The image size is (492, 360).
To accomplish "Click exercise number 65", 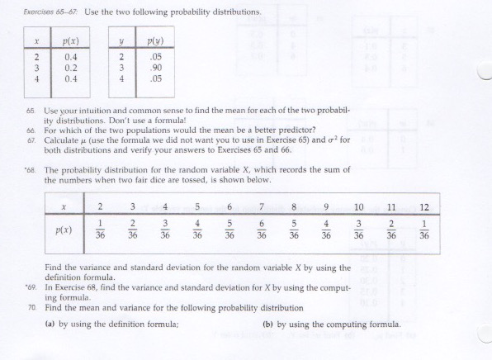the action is coord(30,110).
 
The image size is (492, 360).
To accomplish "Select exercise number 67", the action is coord(30,139).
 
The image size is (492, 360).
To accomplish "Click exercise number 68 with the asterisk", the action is coord(29,169).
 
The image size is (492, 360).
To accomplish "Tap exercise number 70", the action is coord(30,306).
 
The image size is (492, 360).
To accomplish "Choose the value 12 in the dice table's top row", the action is coord(424,206).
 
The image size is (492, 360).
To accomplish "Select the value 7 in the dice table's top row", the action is coord(262,206).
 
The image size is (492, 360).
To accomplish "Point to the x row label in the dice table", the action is coord(62,206).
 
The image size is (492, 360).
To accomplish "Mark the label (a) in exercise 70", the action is coord(50,324).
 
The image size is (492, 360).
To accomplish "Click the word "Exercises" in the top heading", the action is coord(39,11).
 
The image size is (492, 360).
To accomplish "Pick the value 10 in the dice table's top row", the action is coord(359,206).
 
